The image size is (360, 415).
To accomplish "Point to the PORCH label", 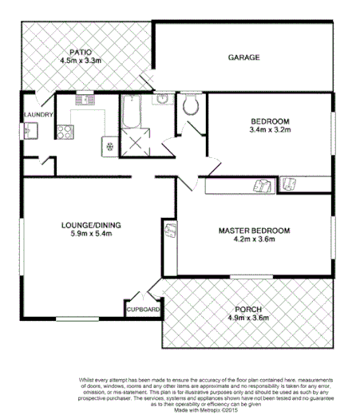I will point(248,309).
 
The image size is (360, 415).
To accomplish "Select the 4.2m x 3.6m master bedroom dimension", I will point(253,240).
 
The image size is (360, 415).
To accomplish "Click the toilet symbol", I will point(190,105).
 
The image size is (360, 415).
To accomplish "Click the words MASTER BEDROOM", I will point(253,231).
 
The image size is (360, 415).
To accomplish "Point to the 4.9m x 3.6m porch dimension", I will point(248,318).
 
